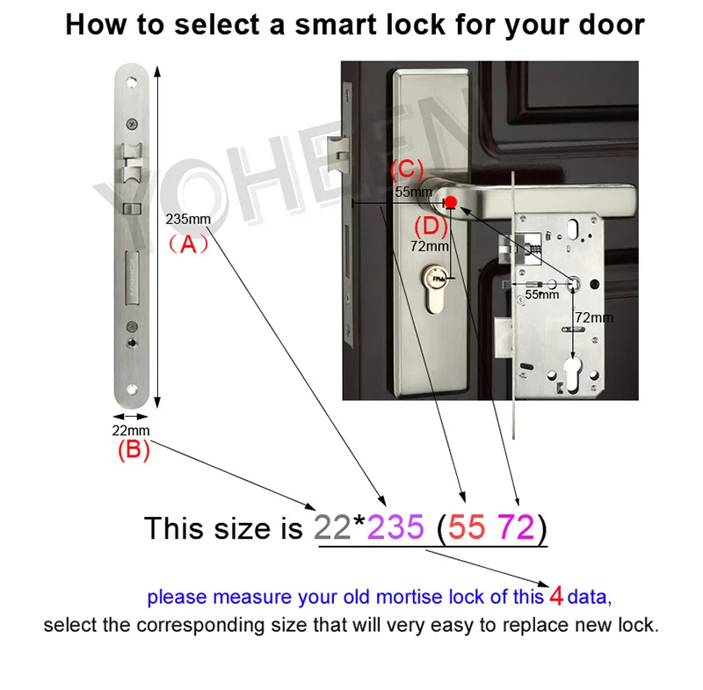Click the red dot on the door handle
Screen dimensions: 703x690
pos(451,202)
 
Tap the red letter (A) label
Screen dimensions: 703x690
pos(188,244)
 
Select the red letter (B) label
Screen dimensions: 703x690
pos(134,449)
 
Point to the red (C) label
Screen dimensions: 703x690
pos(407,169)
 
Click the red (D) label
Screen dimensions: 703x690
pos(431,227)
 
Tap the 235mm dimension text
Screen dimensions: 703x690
pos(188,219)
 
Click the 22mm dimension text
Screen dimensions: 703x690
pos(131,431)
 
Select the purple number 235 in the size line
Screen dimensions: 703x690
pos(395,527)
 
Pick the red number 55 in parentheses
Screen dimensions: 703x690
pos(467,527)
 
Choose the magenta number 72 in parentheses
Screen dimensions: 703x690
pos(517,527)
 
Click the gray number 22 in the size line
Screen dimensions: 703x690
pos(332,527)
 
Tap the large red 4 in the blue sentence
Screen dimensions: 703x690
pos(556,596)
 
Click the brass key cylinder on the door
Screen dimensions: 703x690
pos(434,288)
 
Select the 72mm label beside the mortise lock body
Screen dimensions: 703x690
pos(594,318)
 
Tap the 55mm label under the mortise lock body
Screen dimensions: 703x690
pos(541,294)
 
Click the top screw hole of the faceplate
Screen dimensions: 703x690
pos(132,82)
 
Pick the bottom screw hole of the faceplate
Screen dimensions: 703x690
pos(131,389)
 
